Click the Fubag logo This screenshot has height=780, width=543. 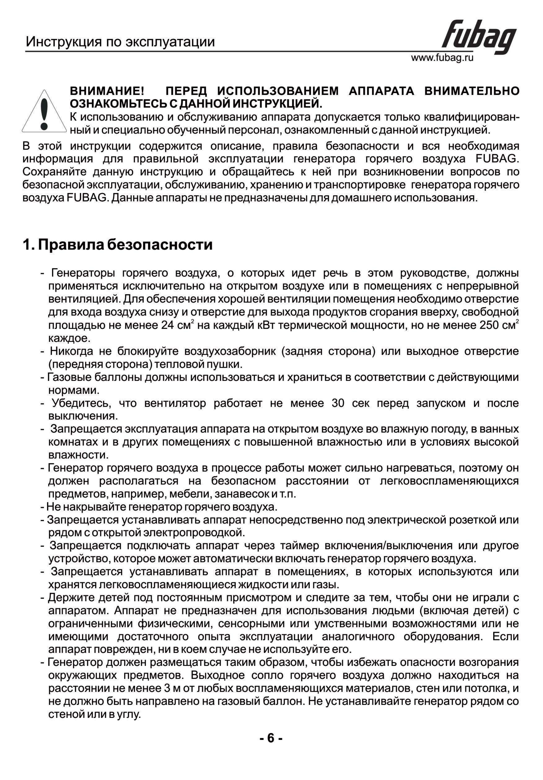[478, 37]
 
